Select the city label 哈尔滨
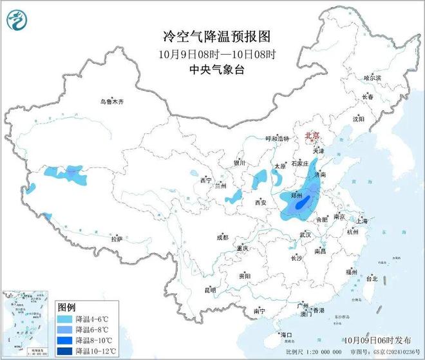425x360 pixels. pyautogui.click(x=373, y=77)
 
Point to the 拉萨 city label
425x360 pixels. pyautogui.click(x=116, y=239)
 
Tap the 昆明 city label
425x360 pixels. pyautogui.click(x=210, y=290)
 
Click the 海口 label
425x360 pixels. pyautogui.click(x=286, y=335)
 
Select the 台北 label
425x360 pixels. pyautogui.click(x=372, y=279)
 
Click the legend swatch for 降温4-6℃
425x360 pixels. pyautogui.click(x=65, y=319)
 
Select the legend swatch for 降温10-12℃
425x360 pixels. pyautogui.click(x=65, y=350)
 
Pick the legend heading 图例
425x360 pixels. pyautogui.click(x=67, y=307)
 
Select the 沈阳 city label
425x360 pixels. pyautogui.click(x=376, y=119)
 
